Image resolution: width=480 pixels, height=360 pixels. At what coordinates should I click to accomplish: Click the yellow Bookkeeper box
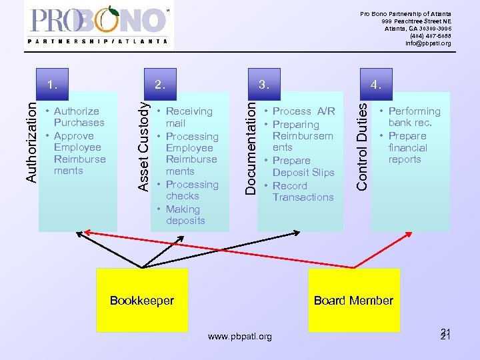(x=141, y=300)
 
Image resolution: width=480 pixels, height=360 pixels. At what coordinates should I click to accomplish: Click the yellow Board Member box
(x=353, y=300)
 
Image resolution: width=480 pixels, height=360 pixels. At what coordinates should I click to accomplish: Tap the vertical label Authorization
(x=31, y=139)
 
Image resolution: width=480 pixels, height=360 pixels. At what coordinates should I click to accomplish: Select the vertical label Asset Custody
(x=142, y=143)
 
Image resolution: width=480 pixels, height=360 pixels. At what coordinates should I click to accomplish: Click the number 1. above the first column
(x=53, y=85)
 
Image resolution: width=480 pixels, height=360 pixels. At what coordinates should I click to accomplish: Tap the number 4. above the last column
(x=377, y=85)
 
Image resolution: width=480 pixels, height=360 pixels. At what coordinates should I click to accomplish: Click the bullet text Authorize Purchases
(x=79, y=117)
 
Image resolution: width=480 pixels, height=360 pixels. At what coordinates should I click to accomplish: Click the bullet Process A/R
(x=303, y=111)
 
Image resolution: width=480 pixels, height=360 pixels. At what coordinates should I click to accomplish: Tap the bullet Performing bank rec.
(x=413, y=117)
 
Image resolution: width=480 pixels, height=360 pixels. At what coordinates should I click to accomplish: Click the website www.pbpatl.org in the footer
(x=240, y=337)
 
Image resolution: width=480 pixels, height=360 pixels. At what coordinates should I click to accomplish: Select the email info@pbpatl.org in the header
(x=428, y=43)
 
